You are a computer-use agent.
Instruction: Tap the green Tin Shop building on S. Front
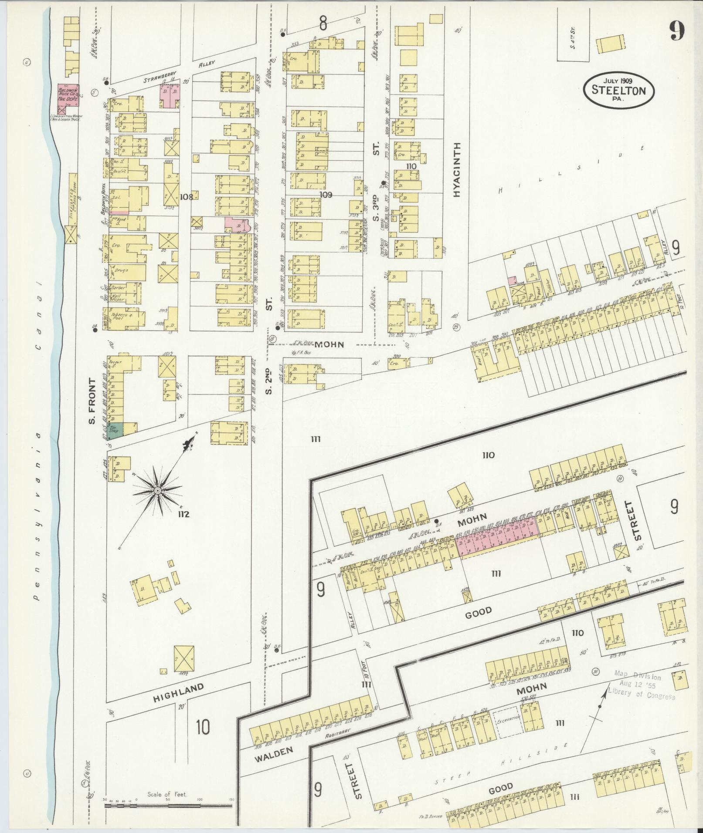[x=115, y=429]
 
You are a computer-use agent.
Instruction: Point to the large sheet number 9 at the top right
[x=677, y=31]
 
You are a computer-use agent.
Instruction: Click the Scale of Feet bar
[x=169, y=806]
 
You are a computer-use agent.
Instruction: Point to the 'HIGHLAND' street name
[x=178, y=692]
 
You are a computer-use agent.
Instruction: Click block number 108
[x=187, y=196]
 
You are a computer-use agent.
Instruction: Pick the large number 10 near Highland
[x=203, y=727]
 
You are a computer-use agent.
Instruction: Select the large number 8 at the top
[x=323, y=23]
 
